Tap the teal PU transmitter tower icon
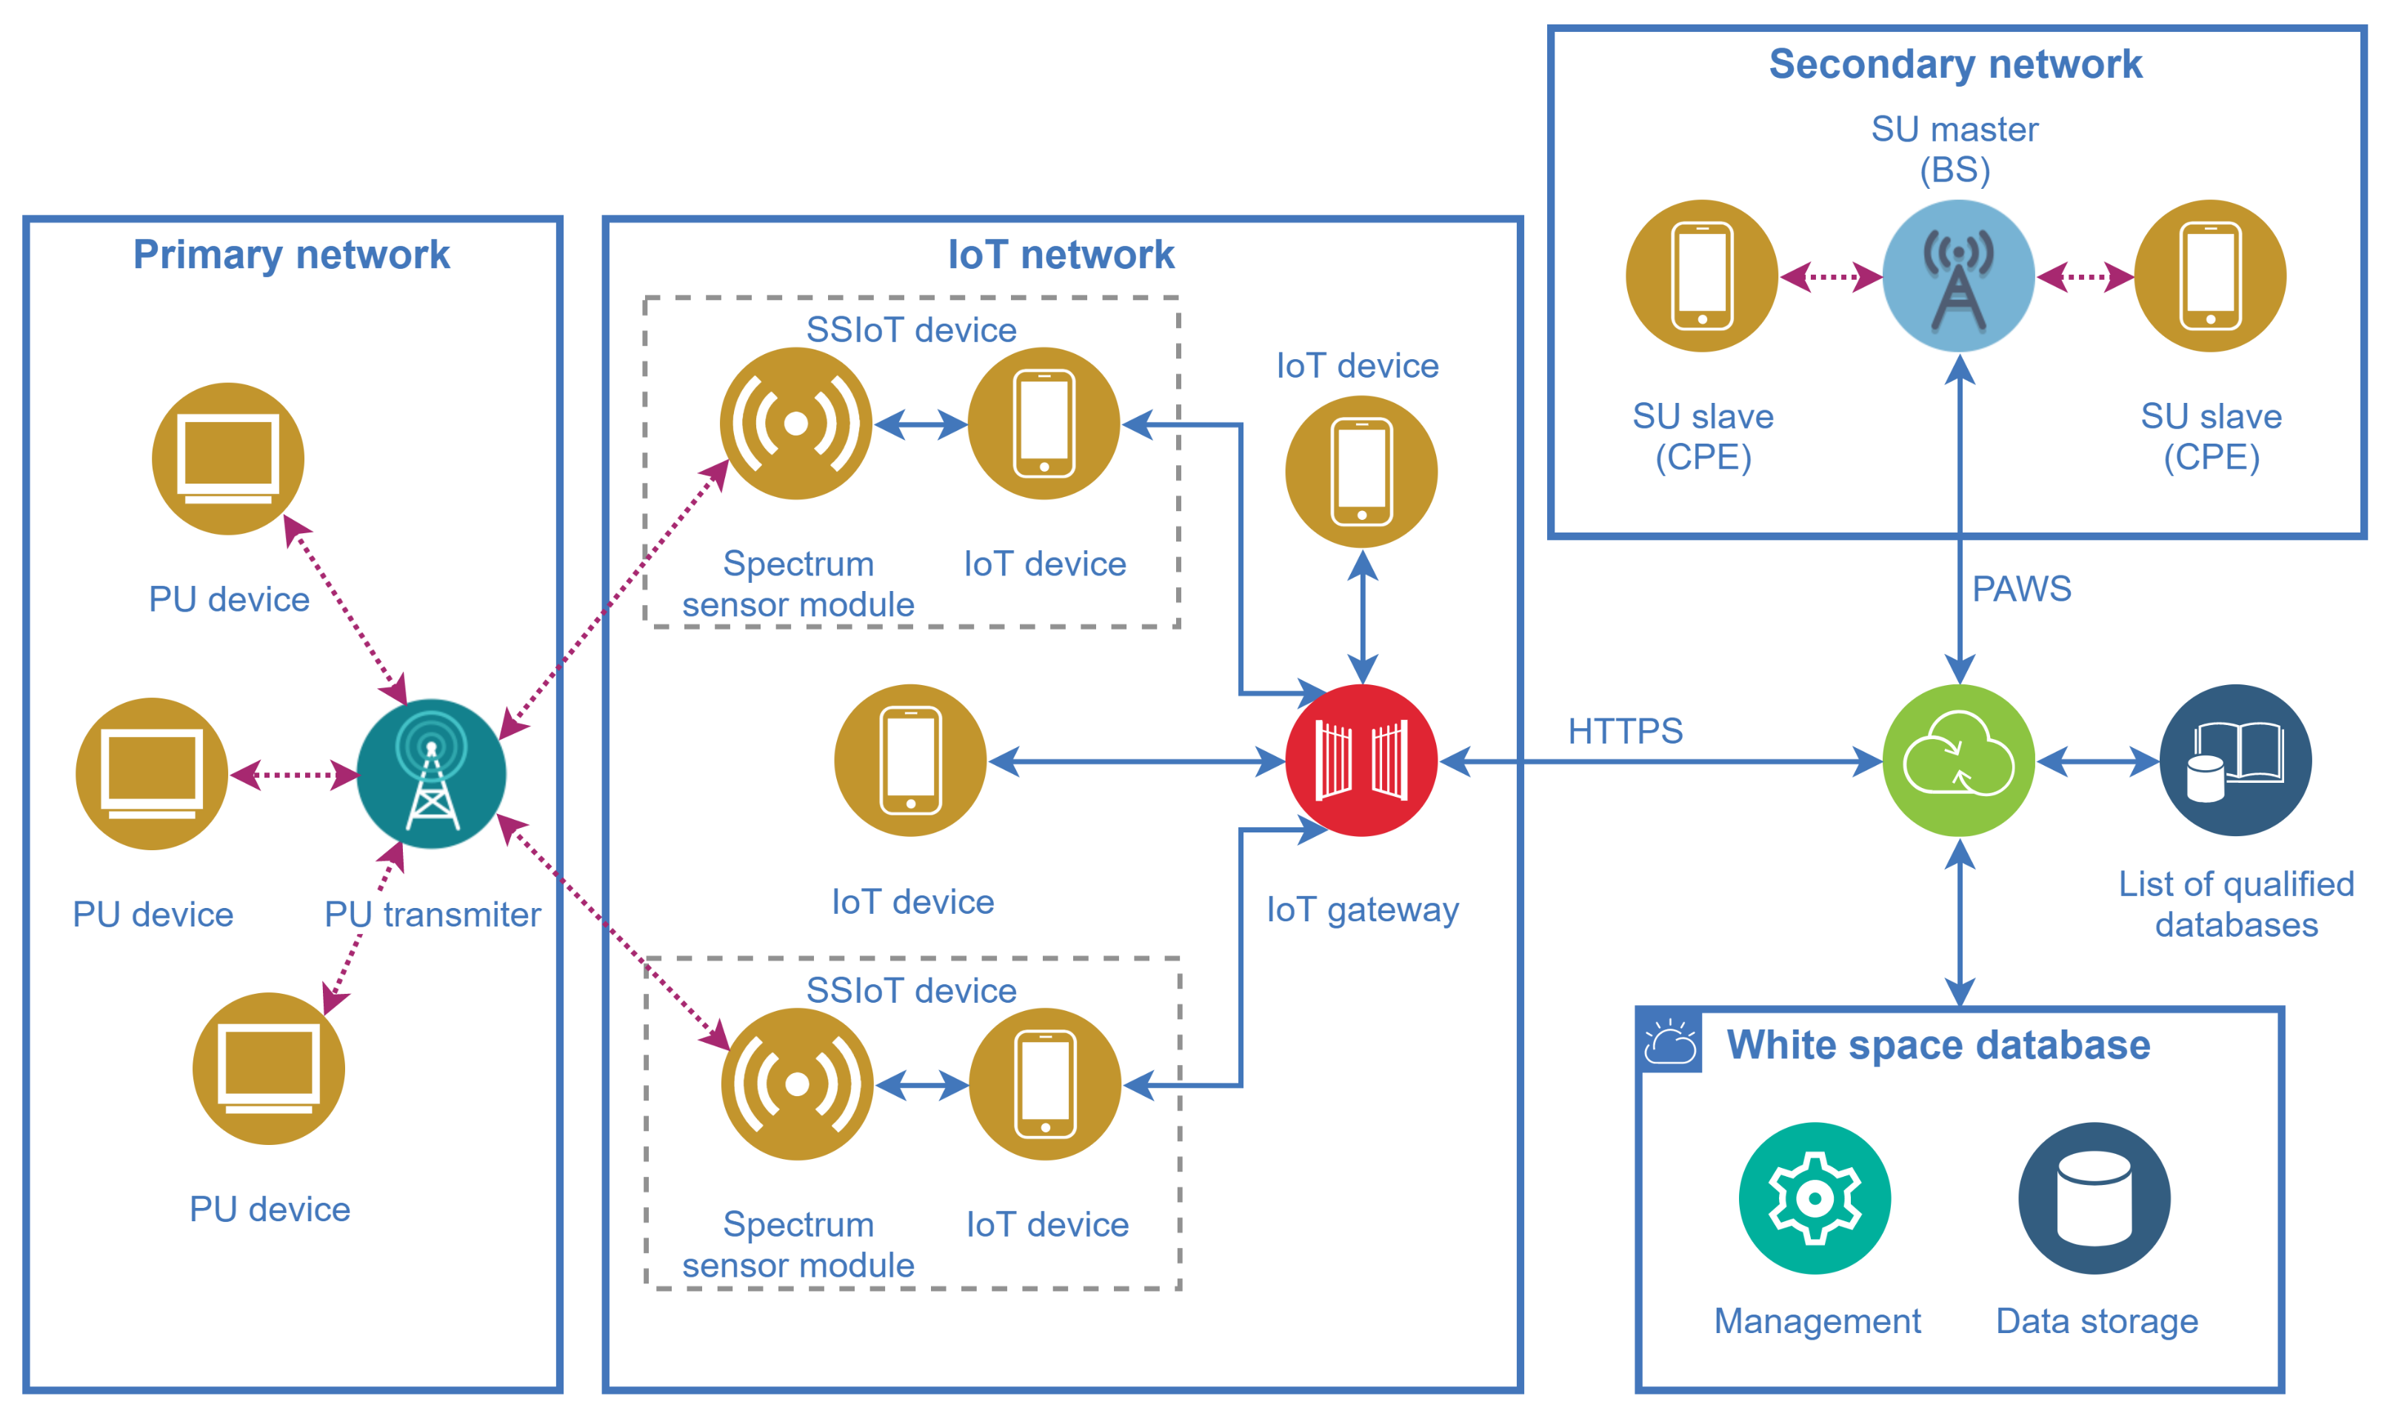pyautogui.click(x=431, y=774)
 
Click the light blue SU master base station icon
pyautogui.click(x=1958, y=276)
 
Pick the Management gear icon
pyautogui.click(x=1814, y=1198)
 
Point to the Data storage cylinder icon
pyautogui.click(x=2094, y=1198)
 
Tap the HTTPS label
pyautogui.click(x=1624, y=732)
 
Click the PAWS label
pyautogui.click(x=2021, y=589)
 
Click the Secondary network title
pyautogui.click(x=1955, y=64)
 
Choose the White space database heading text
pyautogui.click(x=1937, y=1045)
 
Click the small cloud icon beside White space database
pyautogui.click(x=1669, y=1042)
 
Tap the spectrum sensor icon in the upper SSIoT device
pyautogui.click(x=795, y=423)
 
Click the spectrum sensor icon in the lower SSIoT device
pyautogui.click(x=796, y=1084)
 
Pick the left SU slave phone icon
pyautogui.click(x=1702, y=276)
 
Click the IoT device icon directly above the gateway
pyautogui.click(x=1361, y=472)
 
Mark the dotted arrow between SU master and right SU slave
pyautogui.click(x=2084, y=277)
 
